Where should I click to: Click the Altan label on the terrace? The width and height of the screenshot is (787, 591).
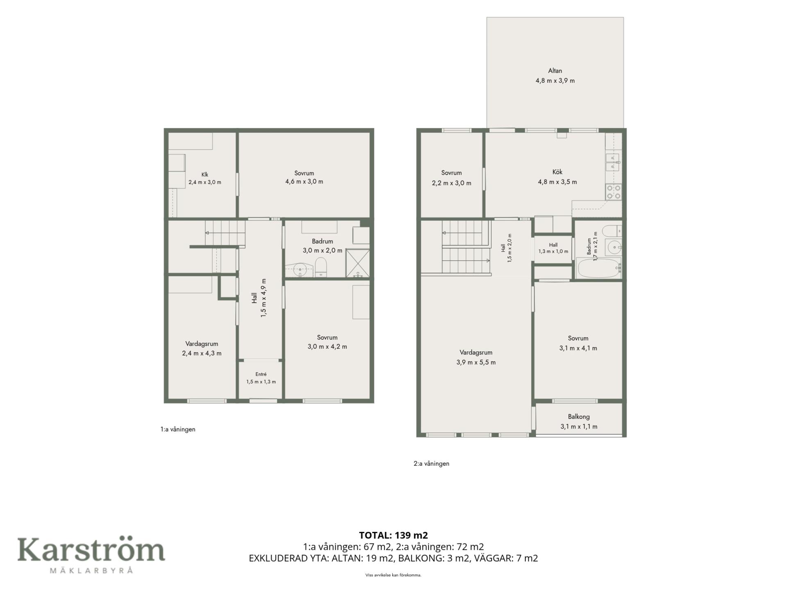point(555,71)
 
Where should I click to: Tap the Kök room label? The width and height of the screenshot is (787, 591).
point(557,172)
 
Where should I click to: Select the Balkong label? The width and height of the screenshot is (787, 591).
point(578,417)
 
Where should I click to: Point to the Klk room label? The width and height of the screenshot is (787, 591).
point(205,174)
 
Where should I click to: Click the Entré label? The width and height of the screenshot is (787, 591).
point(261,374)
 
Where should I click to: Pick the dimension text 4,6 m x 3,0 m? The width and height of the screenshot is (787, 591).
point(304,182)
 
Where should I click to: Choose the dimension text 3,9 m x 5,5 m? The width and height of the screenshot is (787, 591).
point(476,362)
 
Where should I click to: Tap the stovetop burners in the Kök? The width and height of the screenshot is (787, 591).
point(614,192)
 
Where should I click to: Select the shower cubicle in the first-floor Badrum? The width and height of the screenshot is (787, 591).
point(358,263)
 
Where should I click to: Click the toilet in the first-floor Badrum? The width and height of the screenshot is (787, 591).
point(321,267)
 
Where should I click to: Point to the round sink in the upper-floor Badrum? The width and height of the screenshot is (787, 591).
point(614,247)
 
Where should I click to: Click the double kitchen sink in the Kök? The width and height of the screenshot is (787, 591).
point(613,162)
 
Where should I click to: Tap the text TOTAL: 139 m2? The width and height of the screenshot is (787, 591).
point(393,535)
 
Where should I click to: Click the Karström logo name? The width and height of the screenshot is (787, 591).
point(91,550)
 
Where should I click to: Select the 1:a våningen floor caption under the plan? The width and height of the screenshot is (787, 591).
point(178,429)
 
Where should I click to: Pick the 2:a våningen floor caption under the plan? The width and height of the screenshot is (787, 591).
point(431,464)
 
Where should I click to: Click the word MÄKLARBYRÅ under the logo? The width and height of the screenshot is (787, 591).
point(91,570)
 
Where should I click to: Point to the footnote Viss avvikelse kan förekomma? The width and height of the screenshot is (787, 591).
point(393,575)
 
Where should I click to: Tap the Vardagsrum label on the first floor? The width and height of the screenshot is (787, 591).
point(202,344)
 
